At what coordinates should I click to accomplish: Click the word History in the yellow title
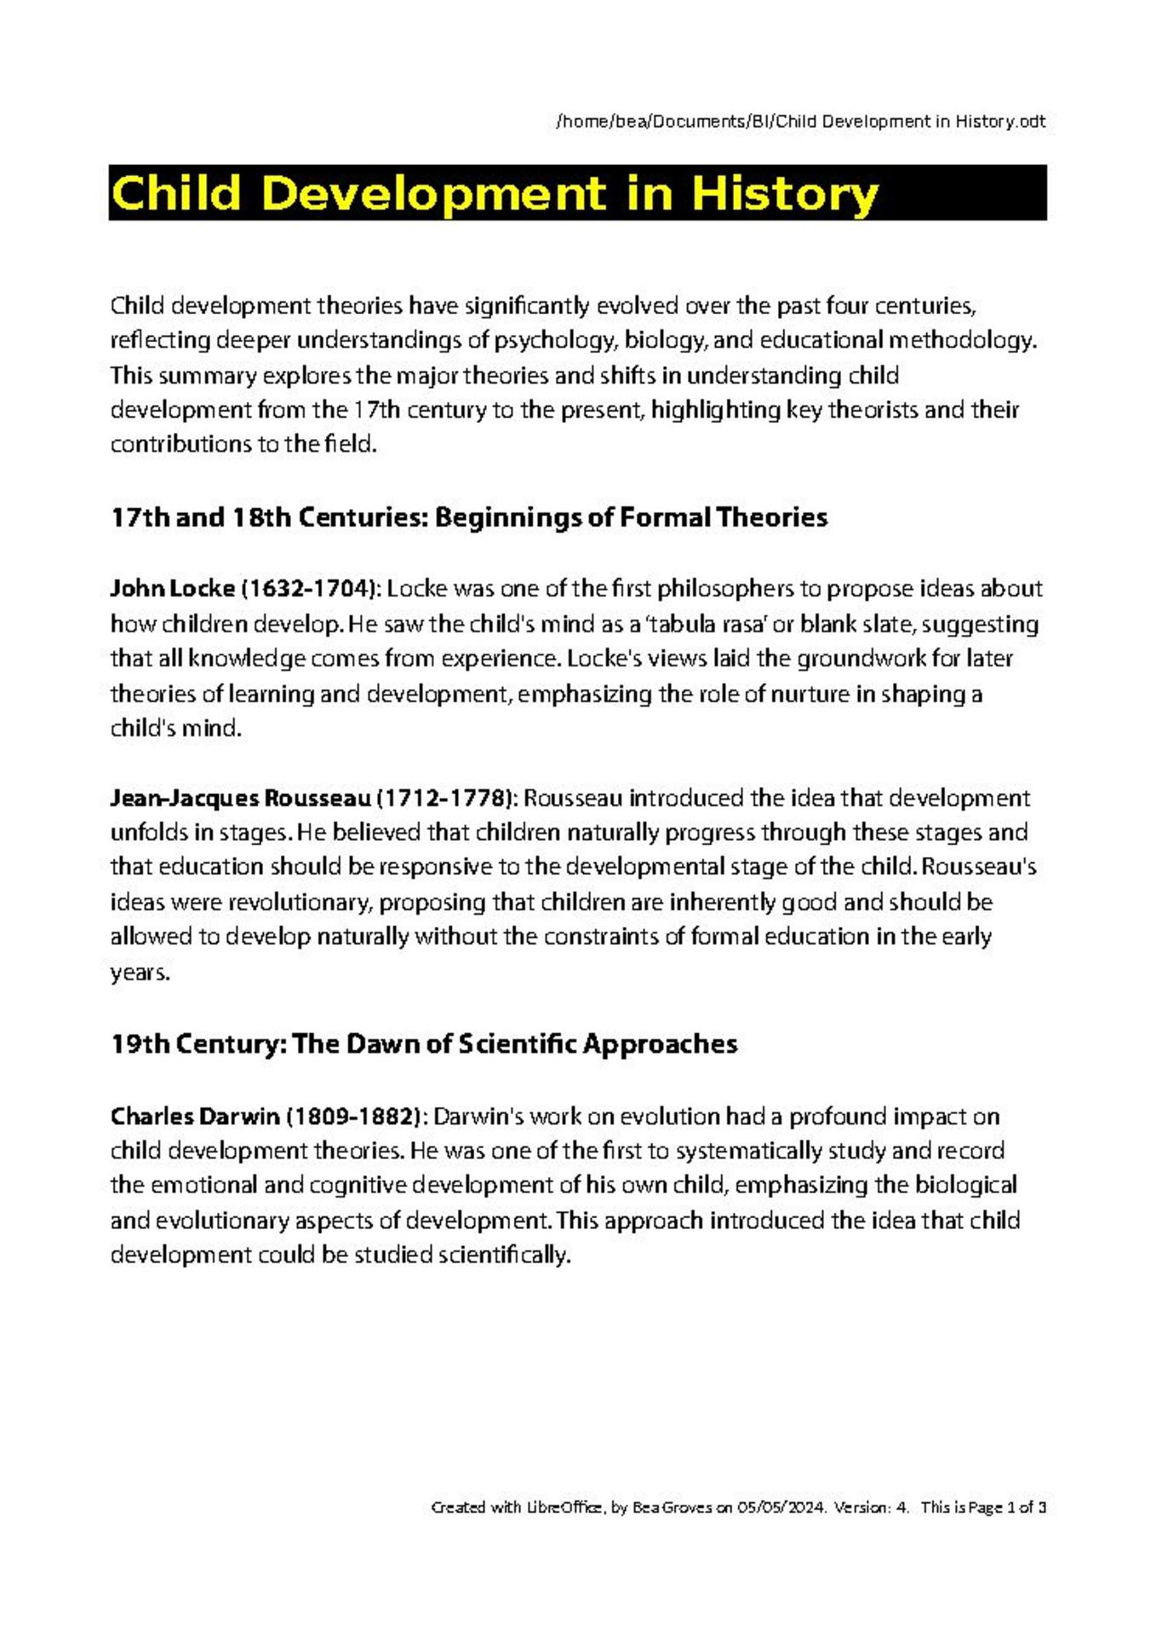point(784,193)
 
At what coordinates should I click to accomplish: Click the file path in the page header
point(800,122)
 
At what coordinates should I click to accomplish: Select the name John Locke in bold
point(172,589)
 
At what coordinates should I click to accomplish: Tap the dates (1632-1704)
point(310,589)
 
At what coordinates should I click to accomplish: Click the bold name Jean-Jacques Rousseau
point(240,798)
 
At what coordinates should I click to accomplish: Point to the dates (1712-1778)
point(444,798)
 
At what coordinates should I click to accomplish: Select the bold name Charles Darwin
point(195,1116)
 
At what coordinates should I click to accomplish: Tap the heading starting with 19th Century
point(423,1044)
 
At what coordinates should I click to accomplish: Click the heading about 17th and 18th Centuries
point(468,517)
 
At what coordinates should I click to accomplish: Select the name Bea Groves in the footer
point(672,1507)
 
